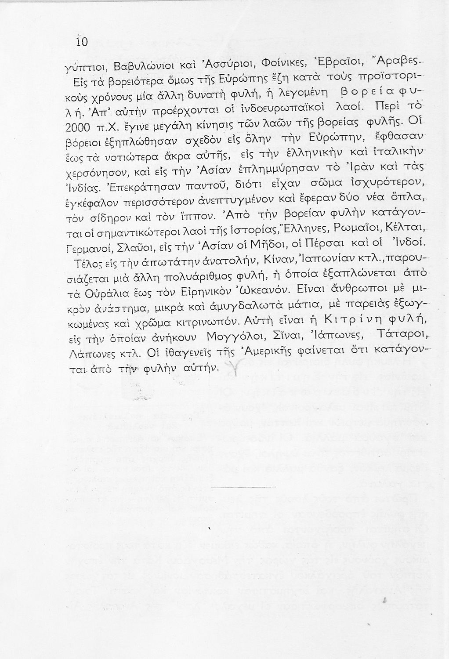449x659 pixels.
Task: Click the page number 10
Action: pyautogui.click(x=82, y=42)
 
